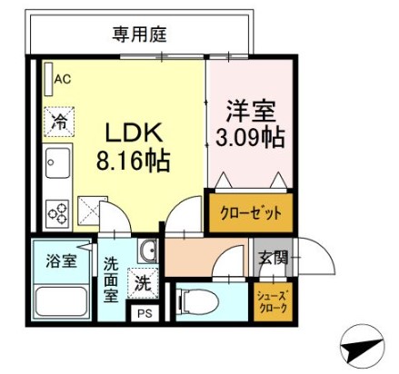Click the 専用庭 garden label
[x=139, y=34]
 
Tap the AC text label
[x=63, y=79]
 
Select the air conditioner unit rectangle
[x=49, y=79]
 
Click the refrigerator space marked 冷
[x=59, y=122]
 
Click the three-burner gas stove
[x=57, y=213]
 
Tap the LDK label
[x=134, y=133]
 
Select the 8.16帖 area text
[x=133, y=162]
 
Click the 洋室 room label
[x=251, y=111]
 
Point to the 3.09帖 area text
[x=250, y=138]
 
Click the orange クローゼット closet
[x=251, y=212]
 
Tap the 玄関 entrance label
[x=273, y=258]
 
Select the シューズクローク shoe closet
[x=273, y=301]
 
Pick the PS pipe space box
[x=145, y=313]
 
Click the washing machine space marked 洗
[x=143, y=283]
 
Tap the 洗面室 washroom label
[x=111, y=280]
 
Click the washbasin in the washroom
[x=148, y=251]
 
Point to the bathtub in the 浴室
[x=62, y=301]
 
